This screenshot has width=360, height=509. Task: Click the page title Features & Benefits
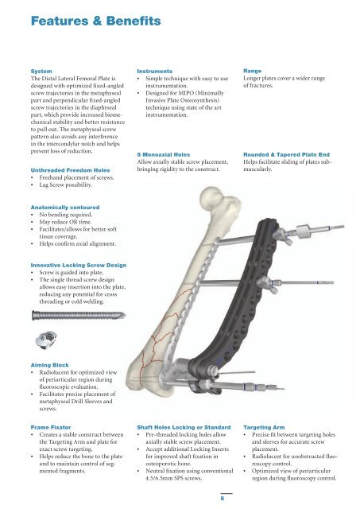click(x=95, y=21)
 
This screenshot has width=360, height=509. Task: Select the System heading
click(x=41, y=71)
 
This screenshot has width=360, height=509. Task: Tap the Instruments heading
click(x=154, y=71)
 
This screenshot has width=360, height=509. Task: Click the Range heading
click(x=253, y=71)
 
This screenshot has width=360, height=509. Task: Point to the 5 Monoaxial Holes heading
click(x=164, y=155)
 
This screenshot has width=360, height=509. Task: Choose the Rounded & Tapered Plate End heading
click(x=286, y=155)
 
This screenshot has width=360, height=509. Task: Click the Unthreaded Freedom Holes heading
click(x=70, y=170)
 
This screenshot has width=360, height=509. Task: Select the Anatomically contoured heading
click(x=65, y=208)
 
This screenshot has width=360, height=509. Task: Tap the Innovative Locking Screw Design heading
click(x=79, y=265)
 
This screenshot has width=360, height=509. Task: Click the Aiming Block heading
click(x=49, y=365)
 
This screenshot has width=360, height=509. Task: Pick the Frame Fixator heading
click(x=51, y=428)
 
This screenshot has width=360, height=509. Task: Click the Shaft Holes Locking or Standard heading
click(x=184, y=428)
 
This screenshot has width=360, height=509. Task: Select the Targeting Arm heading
click(x=264, y=428)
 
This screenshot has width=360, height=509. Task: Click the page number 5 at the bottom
click(x=223, y=499)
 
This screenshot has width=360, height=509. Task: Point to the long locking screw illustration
click(x=79, y=315)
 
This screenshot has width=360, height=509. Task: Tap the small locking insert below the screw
click(x=46, y=340)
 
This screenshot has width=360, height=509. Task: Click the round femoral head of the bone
click(x=212, y=198)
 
